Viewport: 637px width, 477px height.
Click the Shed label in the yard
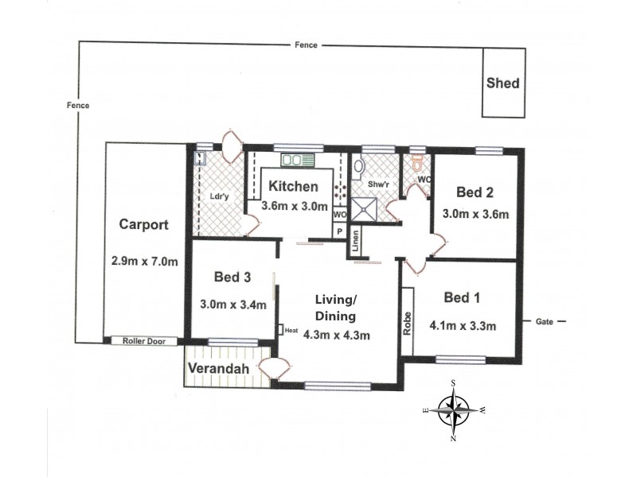pos(503,83)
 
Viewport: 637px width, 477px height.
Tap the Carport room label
pos(143,224)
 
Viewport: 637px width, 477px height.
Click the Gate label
pos(545,322)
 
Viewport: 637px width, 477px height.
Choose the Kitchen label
pos(294,187)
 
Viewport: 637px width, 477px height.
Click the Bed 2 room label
pos(475,192)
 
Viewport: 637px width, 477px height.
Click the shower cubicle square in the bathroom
pos(368,209)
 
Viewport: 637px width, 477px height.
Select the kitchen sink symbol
pos(291,159)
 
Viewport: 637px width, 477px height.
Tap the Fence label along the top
pos(305,45)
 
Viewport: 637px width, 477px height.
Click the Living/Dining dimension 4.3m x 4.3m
pos(337,334)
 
